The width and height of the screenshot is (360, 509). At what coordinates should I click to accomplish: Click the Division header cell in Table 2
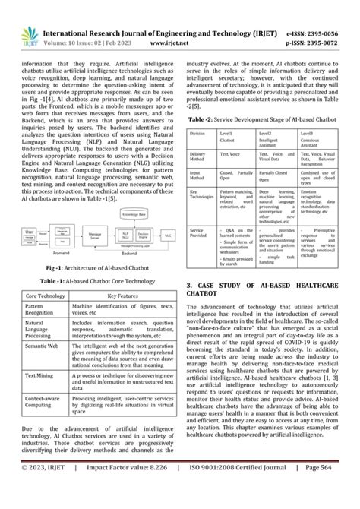[197, 133]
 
